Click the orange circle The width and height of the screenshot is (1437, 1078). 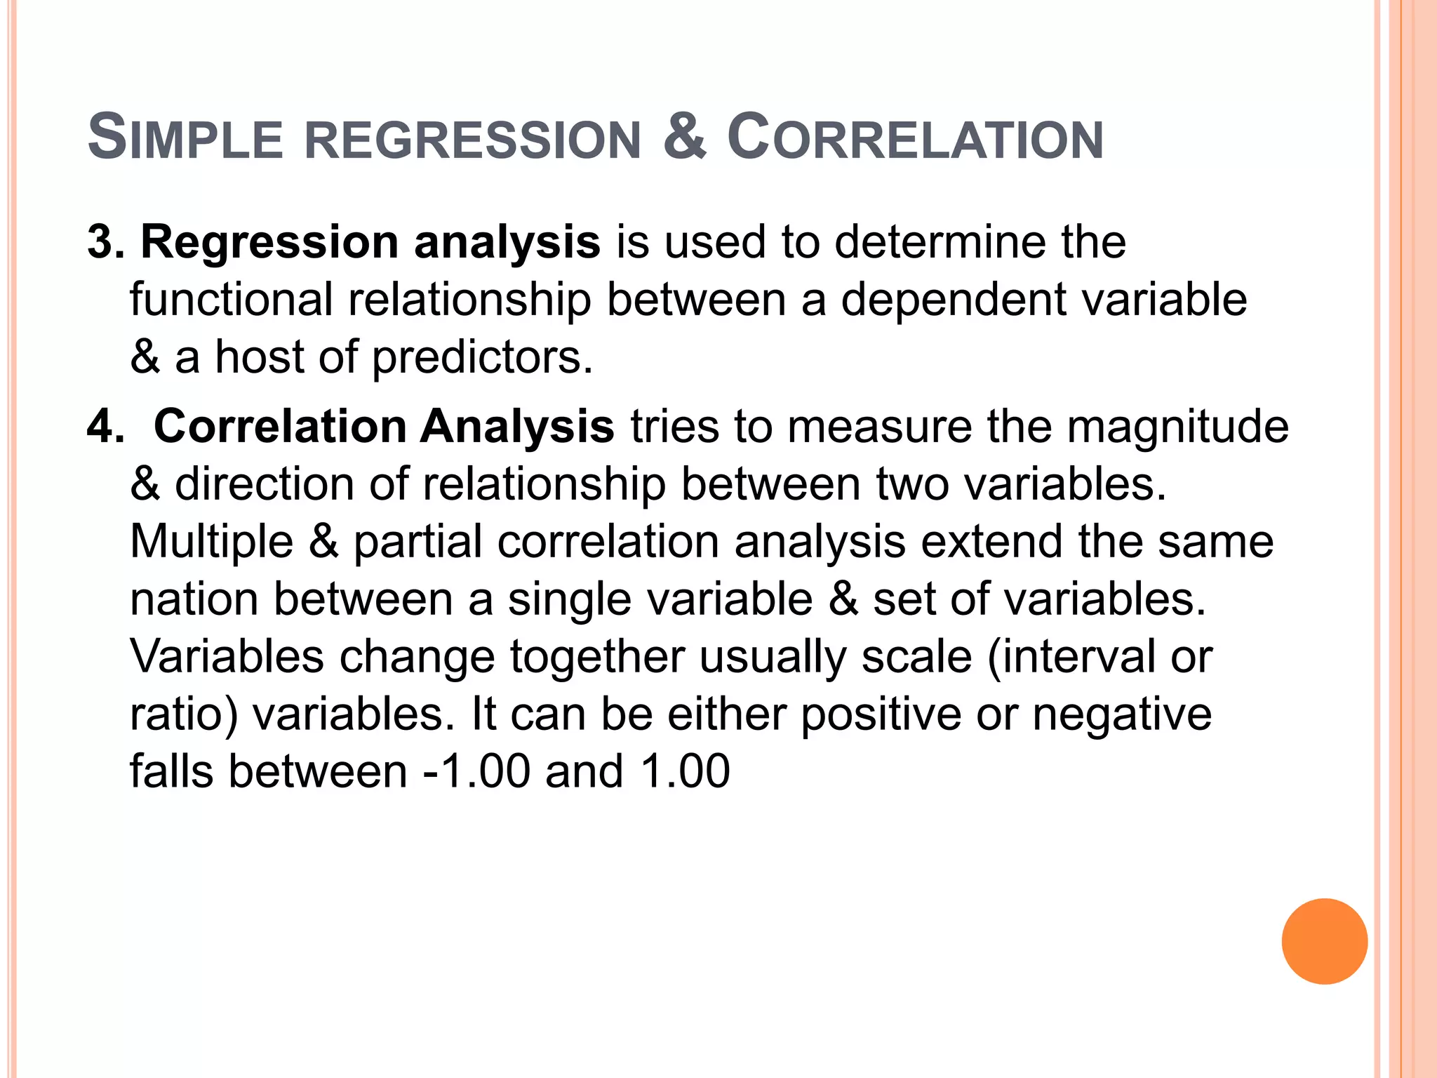point(1324,941)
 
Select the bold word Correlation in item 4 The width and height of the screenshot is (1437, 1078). point(280,427)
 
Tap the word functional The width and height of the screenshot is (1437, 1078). point(232,300)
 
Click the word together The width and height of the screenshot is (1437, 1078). point(597,658)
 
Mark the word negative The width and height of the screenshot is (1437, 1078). point(1122,715)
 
